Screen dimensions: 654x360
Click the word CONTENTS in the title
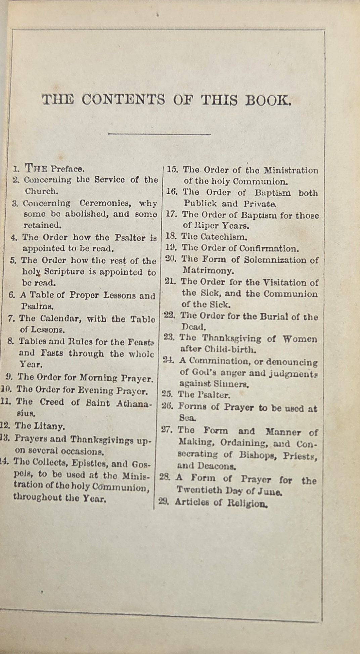coord(123,100)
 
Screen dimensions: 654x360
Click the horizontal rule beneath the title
coord(159,134)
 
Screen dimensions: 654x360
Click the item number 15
coord(172,170)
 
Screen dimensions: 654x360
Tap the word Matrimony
coord(208,271)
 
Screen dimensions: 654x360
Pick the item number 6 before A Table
coord(12,295)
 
